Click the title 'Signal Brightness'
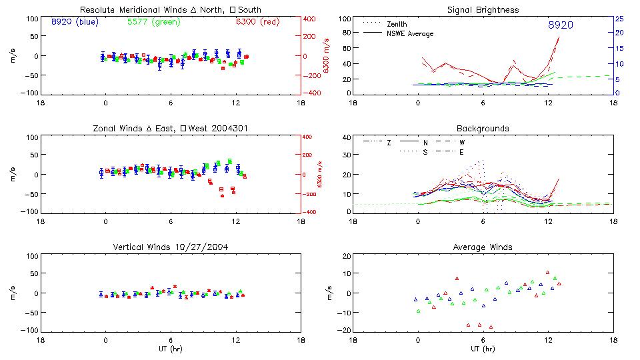[x=483, y=10]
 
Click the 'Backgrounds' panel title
[x=483, y=128]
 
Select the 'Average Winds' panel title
[x=483, y=247]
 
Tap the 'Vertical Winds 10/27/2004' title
[x=171, y=247]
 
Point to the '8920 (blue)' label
[x=75, y=22]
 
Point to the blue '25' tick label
[x=619, y=19]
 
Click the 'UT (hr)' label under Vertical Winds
[x=171, y=348]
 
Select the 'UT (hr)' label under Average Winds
[x=483, y=348]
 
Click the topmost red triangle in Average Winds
[x=547, y=272]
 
